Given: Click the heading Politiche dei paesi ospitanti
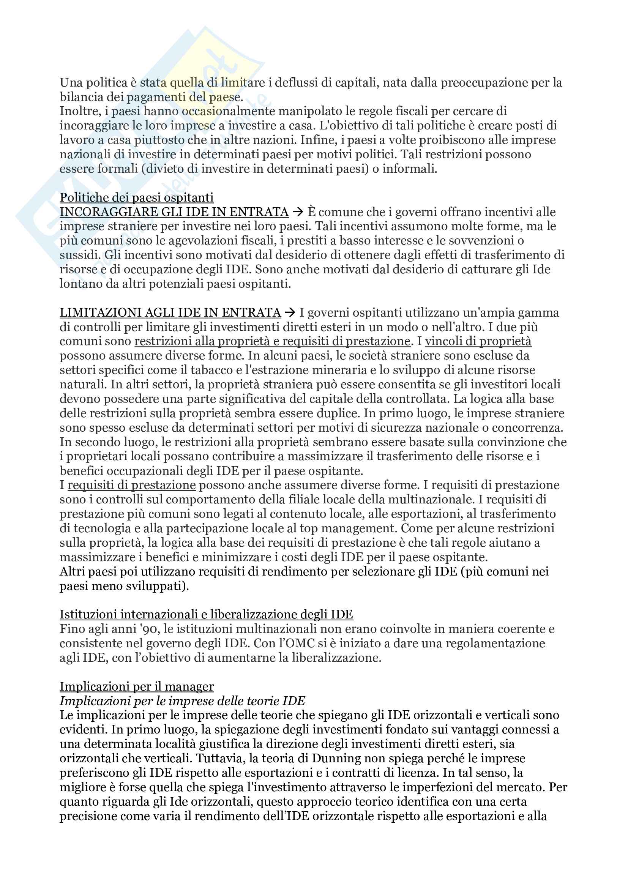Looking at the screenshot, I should click(136, 198).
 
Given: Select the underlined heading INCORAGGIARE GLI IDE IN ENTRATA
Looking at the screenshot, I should click(174, 212).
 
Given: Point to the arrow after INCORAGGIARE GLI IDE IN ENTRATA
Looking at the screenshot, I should click(298, 212).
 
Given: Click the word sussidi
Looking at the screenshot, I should click(79, 255).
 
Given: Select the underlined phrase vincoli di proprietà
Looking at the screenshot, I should click(478, 342).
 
